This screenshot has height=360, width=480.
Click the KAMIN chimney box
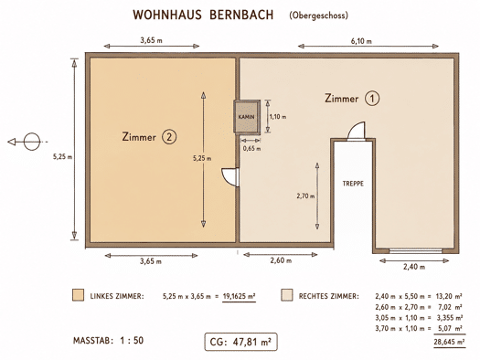[x=247, y=117]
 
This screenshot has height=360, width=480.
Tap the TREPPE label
[x=353, y=184]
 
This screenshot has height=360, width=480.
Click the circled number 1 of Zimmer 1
[x=372, y=99]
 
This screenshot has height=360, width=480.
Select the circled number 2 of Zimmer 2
[x=169, y=137]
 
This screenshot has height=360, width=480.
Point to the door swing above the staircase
[x=357, y=131]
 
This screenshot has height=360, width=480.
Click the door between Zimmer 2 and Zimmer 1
[x=230, y=177]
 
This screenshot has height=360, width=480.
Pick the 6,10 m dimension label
[x=361, y=41]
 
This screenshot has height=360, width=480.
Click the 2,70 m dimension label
[x=305, y=196]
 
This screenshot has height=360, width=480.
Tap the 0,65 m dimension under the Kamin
[x=252, y=149]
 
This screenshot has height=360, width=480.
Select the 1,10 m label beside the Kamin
[x=278, y=117]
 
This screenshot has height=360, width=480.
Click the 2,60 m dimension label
[x=281, y=260]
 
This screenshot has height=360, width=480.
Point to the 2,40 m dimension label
[x=414, y=267]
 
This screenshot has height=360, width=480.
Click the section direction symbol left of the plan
[x=27, y=142]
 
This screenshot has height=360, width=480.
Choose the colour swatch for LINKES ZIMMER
[x=78, y=295]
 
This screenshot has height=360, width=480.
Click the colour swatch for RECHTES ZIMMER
[x=287, y=295]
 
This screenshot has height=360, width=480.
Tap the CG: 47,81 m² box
[x=241, y=342]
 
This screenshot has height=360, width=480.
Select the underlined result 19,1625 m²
[x=239, y=296]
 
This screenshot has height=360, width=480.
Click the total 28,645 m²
[x=450, y=342]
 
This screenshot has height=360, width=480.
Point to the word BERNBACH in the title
[x=241, y=15]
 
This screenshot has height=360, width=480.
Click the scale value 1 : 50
[x=132, y=341]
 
